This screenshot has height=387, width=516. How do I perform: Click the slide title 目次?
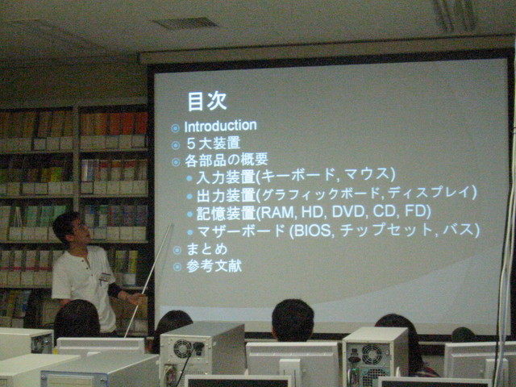point(207,101)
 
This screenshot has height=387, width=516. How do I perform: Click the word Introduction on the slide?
point(220,126)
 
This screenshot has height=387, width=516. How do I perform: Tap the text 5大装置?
point(214,144)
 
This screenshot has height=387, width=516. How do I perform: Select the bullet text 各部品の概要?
point(227,160)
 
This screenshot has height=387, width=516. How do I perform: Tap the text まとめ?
point(207,249)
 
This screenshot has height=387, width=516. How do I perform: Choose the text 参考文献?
point(214,266)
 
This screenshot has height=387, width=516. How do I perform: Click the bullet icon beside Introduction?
point(176,128)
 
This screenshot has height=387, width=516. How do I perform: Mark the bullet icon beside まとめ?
point(177,251)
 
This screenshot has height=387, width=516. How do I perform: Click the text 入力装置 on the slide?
point(226,177)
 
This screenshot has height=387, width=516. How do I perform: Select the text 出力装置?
point(226,195)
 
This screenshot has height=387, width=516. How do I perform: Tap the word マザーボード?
point(241,231)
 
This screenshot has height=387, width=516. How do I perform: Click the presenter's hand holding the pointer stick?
point(135,298)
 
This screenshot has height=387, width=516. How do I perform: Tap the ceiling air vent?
point(185,23)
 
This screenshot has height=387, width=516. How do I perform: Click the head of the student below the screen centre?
point(293,319)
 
